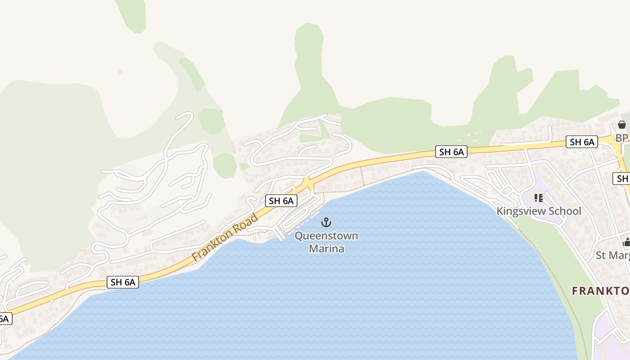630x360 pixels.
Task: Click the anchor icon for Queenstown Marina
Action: click(326, 222)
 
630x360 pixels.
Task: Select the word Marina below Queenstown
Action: click(326, 248)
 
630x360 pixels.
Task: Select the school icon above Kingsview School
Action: click(539, 198)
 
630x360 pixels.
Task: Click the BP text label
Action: click(621, 138)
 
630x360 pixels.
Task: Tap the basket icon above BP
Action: click(622, 125)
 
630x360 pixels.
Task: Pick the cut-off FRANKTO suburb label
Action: click(601, 291)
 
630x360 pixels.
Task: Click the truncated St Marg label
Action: click(612, 256)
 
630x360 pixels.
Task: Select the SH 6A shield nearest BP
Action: click(582, 142)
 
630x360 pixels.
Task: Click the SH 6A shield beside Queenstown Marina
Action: click(281, 201)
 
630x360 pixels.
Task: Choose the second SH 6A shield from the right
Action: click(451, 152)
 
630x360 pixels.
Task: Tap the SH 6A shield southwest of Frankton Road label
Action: click(123, 282)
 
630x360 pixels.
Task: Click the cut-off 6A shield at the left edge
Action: click(4, 319)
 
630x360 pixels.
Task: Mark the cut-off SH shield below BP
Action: click(622, 179)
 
